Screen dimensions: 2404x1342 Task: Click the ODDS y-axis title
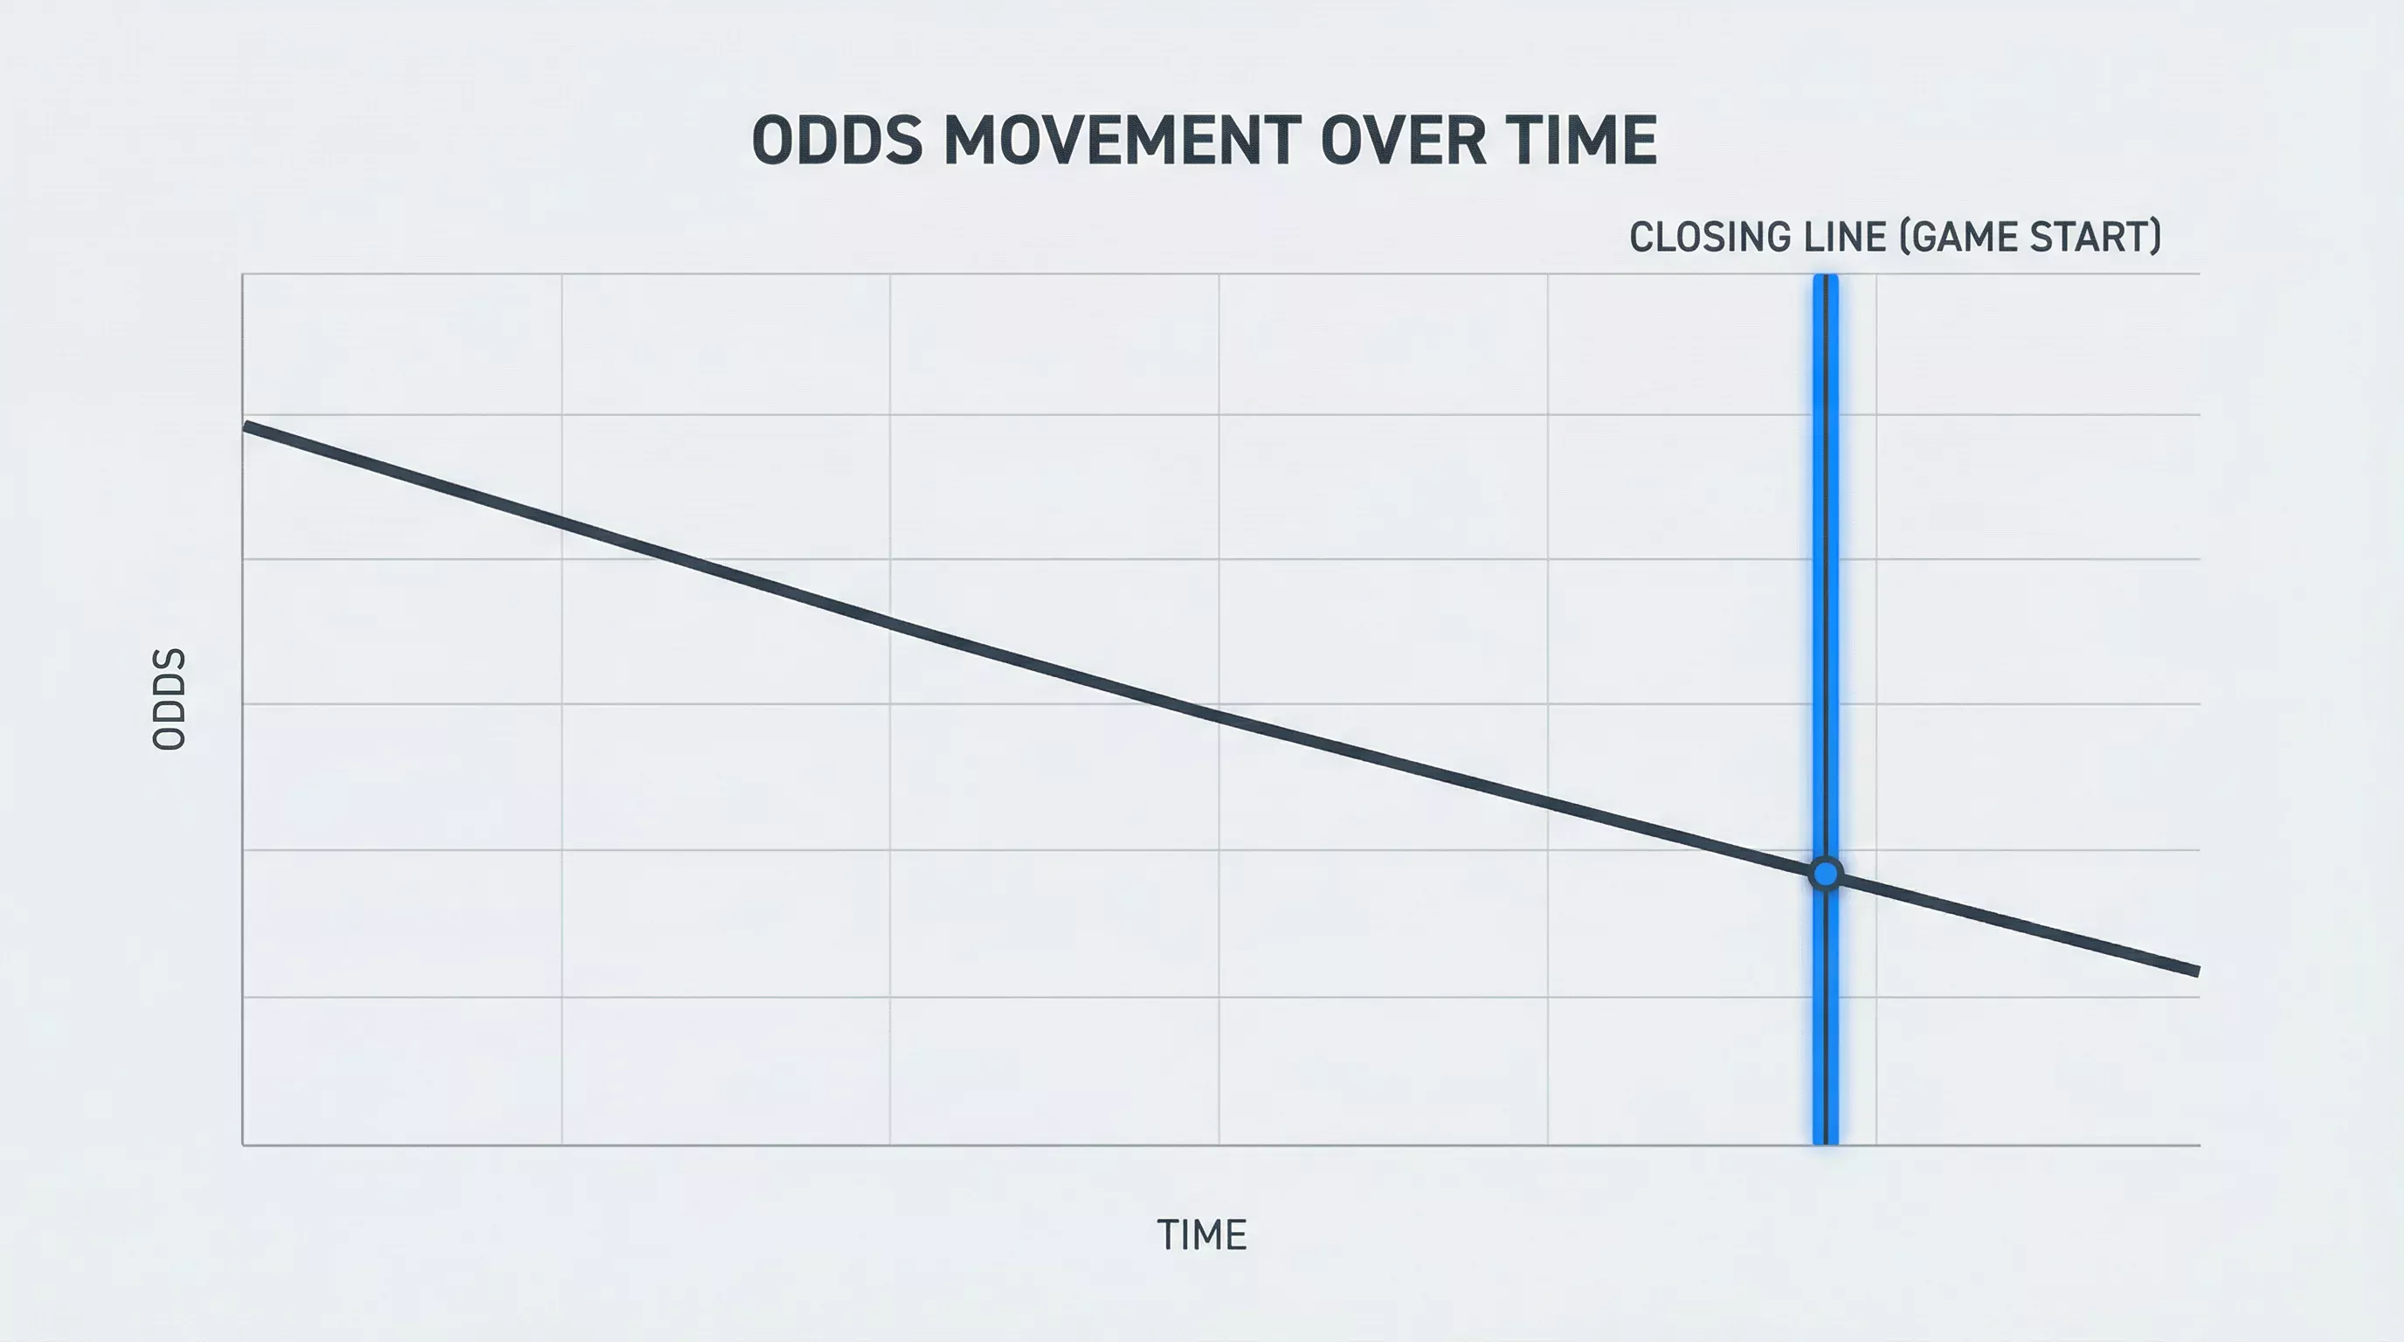169,699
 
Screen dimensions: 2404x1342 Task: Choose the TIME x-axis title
1202,1235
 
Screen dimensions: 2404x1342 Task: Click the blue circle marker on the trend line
1826,875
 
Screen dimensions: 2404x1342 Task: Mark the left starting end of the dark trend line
245,426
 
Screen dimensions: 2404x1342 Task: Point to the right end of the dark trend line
2199,972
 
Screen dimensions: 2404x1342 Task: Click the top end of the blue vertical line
1826,276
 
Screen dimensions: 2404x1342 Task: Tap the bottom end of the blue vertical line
1826,1143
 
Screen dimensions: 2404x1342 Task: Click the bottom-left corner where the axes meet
243,1145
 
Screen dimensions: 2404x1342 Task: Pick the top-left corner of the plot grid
243,274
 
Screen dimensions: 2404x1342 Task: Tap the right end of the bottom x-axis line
2200,1145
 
